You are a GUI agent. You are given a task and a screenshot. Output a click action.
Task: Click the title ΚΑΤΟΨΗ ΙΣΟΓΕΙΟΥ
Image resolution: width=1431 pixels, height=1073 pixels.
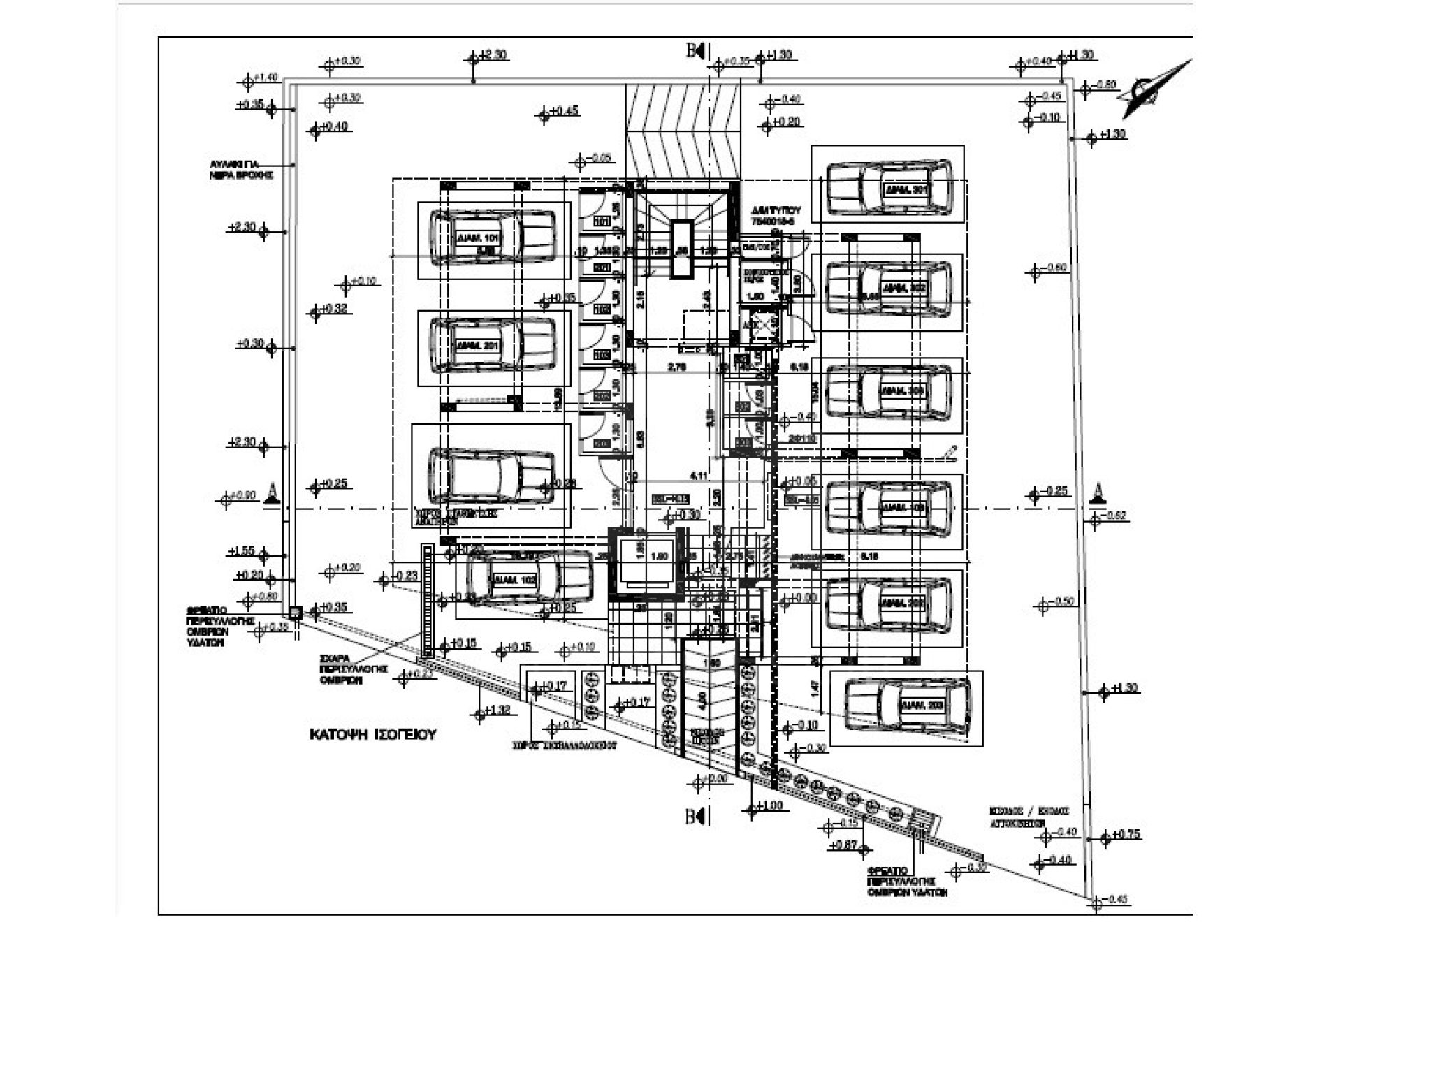point(373,735)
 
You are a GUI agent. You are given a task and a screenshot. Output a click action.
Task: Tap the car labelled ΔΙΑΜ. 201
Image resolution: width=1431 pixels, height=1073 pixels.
point(493,346)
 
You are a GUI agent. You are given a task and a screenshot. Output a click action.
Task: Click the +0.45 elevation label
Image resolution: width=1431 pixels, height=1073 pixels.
point(564,111)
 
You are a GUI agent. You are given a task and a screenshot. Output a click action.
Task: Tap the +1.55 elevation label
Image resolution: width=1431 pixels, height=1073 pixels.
point(242,552)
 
